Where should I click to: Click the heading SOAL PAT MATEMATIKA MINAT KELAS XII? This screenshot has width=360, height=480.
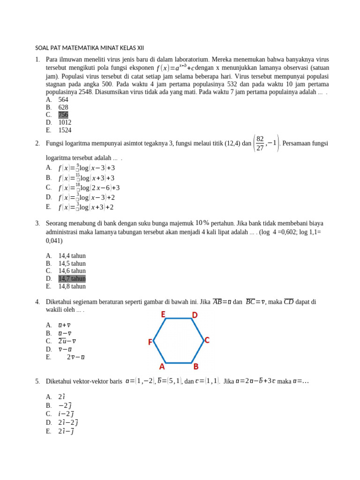point(90,48)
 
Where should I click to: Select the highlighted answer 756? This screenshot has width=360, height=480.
point(63,115)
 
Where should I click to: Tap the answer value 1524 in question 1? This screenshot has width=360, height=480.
point(65,130)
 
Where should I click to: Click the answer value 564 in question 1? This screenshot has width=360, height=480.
point(63,100)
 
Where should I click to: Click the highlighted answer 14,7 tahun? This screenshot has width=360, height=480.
point(72,278)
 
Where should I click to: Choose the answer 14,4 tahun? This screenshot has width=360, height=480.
point(72,256)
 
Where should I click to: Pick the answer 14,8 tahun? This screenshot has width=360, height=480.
point(72,286)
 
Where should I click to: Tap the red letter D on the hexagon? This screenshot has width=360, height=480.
point(195,315)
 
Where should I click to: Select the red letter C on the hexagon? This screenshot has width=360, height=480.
point(207,340)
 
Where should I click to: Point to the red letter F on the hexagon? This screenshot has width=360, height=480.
point(150,343)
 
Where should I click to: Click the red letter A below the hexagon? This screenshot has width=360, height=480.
point(162,367)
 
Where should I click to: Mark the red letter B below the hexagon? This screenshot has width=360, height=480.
point(196,367)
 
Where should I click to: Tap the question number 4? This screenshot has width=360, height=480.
point(37,302)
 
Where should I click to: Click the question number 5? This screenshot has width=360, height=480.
point(37,382)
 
